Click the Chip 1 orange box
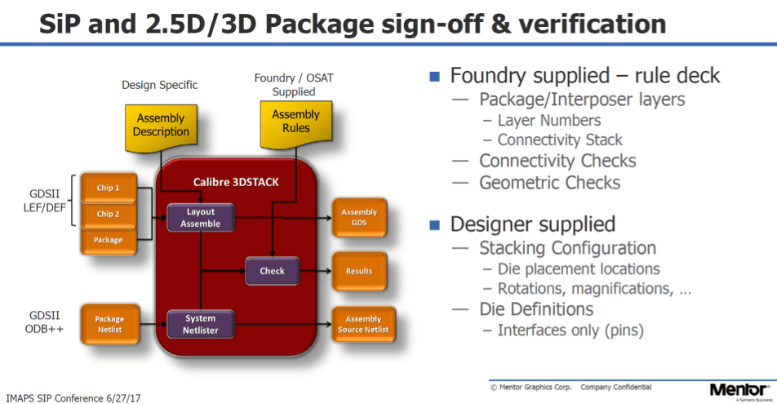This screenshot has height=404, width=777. click(x=109, y=188)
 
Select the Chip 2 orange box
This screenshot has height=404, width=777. click(x=109, y=214)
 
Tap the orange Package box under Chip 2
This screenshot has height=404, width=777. click(x=109, y=240)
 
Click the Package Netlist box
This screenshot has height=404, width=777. click(x=109, y=324)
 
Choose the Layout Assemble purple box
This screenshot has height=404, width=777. click(x=200, y=216)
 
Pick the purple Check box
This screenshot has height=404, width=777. click(x=272, y=271)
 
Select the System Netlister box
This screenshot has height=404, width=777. click(x=200, y=324)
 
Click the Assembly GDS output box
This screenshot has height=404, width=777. click(x=359, y=217)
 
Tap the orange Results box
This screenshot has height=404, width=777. click(x=359, y=271)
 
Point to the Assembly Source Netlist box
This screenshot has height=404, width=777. click(x=363, y=324)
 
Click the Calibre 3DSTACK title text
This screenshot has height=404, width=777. click(x=236, y=181)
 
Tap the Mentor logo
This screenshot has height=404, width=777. click(x=738, y=390)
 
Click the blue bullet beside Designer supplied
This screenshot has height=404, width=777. click(x=435, y=224)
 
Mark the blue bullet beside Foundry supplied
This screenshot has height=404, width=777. click(x=435, y=77)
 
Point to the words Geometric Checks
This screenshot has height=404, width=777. click(x=549, y=183)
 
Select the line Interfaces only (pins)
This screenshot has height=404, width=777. click(x=571, y=331)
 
